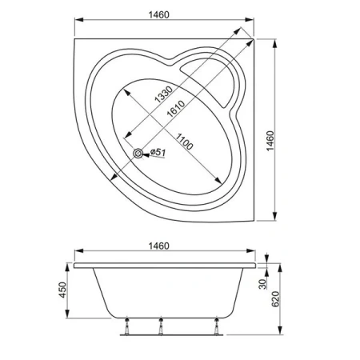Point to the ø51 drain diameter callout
point(158,152)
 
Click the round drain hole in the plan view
point(142,153)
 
